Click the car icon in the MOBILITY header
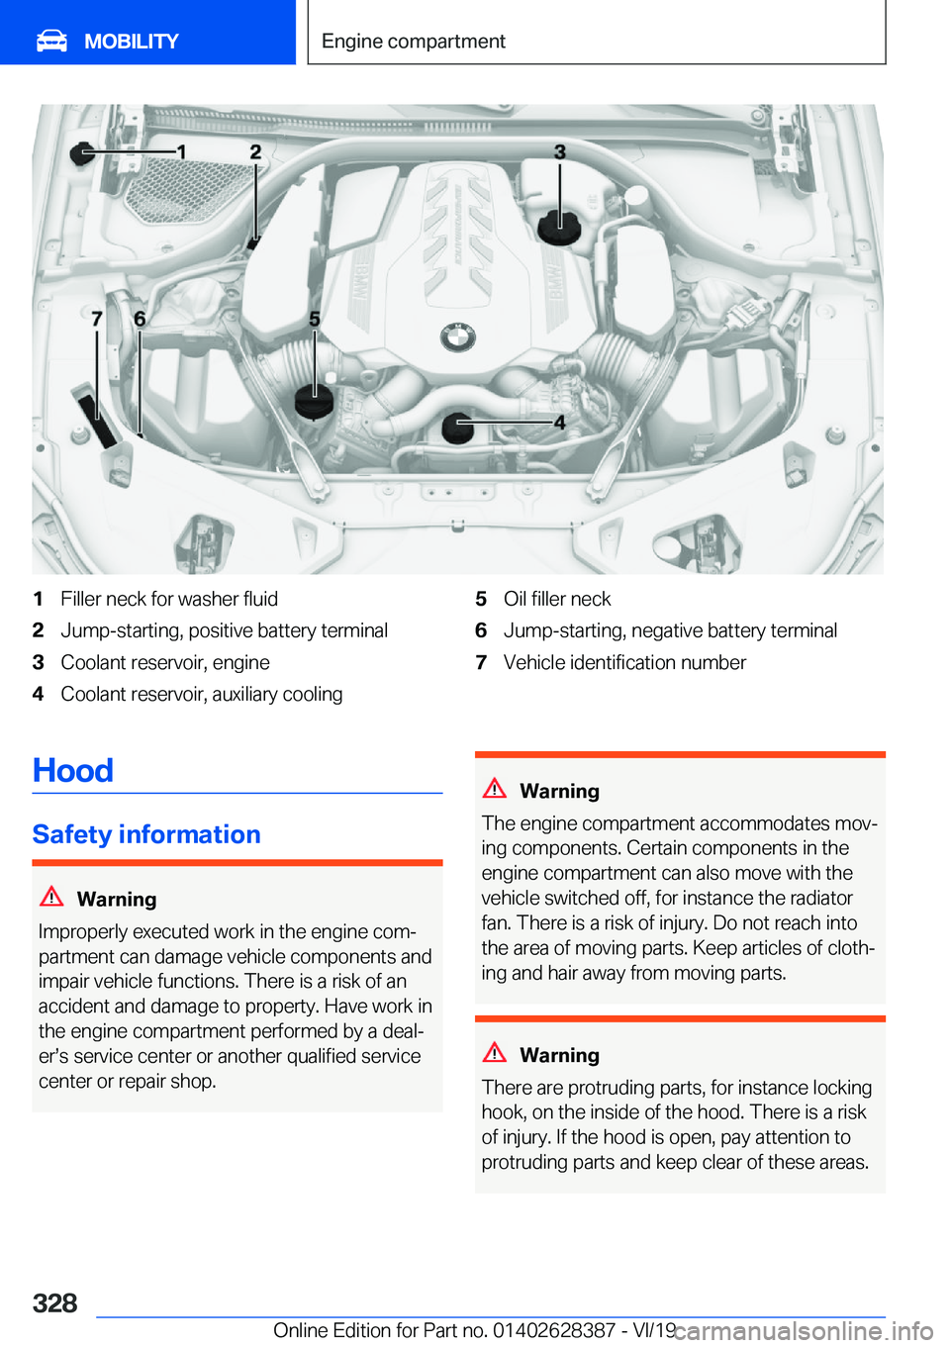(51, 41)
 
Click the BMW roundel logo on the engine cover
(457, 337)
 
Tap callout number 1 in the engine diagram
(181, 151)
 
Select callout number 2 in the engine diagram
(255, 151)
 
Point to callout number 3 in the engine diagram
(560, 151)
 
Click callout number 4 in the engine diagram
(559, 423)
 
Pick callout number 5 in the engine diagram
(315, 319)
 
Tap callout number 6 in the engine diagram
(140, 319)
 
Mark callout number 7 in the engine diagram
(97, 319)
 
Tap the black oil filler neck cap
(315, 401)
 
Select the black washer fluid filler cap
(83, 152)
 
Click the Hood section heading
(73, 770)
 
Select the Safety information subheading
(146, 834)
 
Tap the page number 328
(55, 1302)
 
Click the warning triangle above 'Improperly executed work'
(51, 897)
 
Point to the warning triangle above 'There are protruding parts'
(495, 1052)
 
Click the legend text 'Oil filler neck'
(557, 599)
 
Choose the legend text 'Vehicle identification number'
(624, 662)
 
